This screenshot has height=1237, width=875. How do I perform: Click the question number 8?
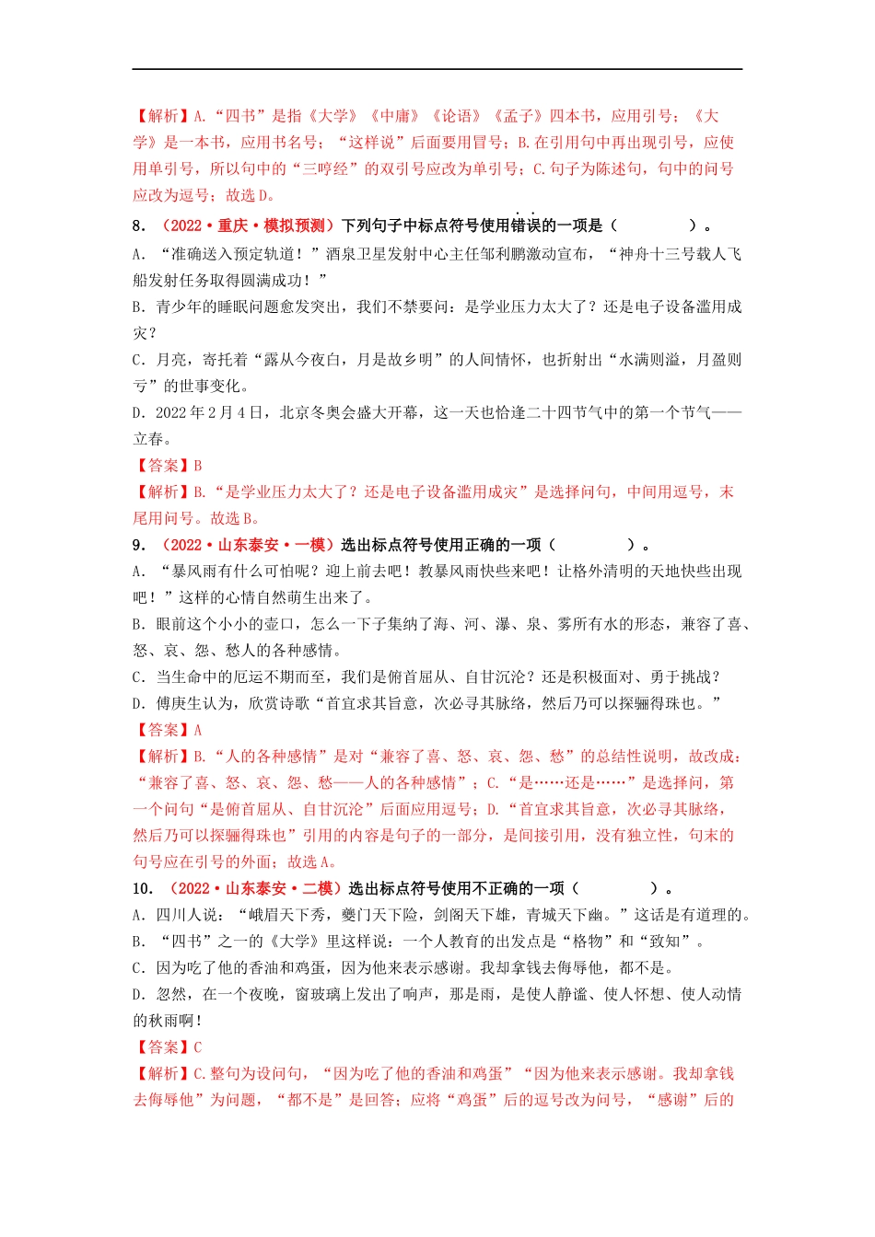pyautogui.click(x=138, y=226)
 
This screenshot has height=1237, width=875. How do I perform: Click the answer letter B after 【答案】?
pyautogui.click(x=197, y=466)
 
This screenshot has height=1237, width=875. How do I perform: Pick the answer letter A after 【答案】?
pyautogui.click(x=197, y=730)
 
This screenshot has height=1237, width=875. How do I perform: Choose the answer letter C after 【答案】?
pyautogui.click(x=197, y=1047)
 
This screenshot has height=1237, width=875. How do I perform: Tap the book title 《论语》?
pyautogui.click(x=457, y=116)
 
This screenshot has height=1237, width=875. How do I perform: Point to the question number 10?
pyautogui.click(x=142, y=888)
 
